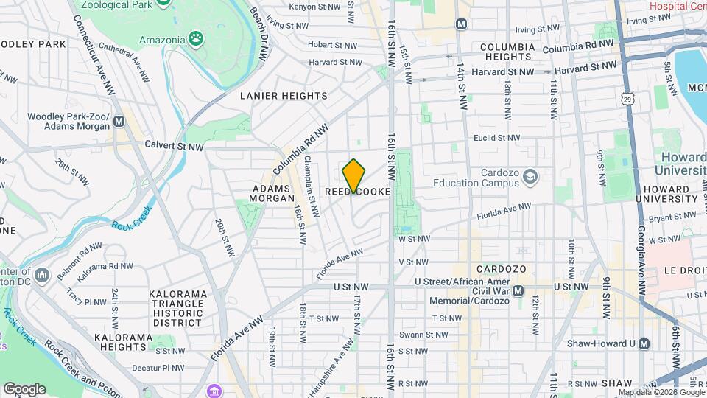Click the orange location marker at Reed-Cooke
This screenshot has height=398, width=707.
354,175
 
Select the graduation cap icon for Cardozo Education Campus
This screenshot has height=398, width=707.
530,176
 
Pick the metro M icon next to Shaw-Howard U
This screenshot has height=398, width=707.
644,343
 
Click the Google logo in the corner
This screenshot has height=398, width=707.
24,388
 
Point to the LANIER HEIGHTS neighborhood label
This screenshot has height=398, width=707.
284,96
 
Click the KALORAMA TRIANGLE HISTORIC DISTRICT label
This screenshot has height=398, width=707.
176,308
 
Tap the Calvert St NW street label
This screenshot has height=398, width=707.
174,146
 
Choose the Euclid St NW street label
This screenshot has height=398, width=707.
496,138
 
